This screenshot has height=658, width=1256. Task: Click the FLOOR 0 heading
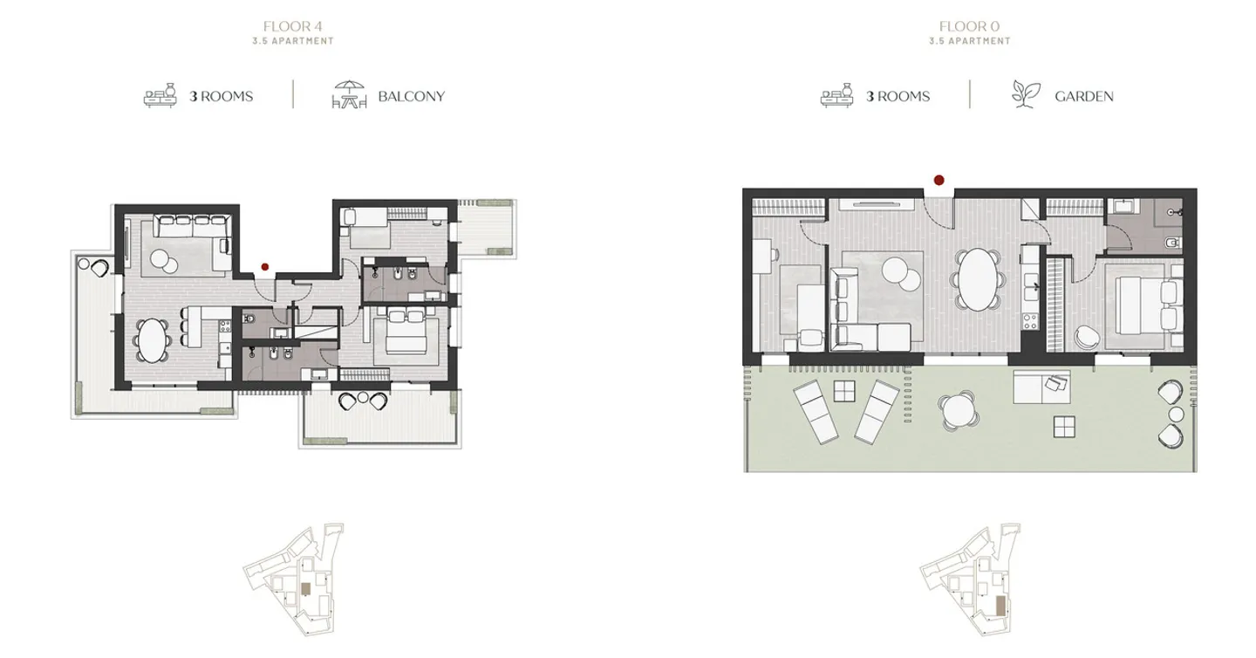pyautogui.click(x=969, y=26)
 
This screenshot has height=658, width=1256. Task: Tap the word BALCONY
pyautogui.click(x=411, y=96)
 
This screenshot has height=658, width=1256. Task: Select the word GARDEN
pyautogui.click(x=1083, y=96)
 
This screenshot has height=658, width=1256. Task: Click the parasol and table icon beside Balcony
pyautogui.click(x=349, y=95)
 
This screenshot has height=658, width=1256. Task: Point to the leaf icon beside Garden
pyautogui.click(x=1025, y=94)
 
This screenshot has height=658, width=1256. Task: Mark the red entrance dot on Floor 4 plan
pyautogui.click(x=264, y=267)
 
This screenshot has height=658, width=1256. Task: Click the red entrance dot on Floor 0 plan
pyautogui.click(x=939, y=181)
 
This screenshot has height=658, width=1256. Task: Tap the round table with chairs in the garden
pyautogui.click(x=957, y=409)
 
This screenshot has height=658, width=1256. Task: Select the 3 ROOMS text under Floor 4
pyautogui.click(x=222, y=96)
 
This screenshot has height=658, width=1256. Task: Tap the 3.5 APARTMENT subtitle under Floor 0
pyautogui.click(x=969, y=41)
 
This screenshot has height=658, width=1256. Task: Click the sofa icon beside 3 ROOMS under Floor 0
pyautogui.click(x=836, y=95)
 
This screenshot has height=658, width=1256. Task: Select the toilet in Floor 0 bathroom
pyautogui.click(x=1171, y=241)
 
